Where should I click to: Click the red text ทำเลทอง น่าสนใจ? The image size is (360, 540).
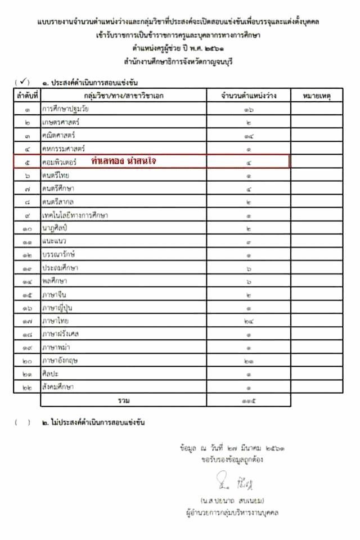point(124,161)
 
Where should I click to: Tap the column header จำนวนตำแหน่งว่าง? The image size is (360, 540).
point(249,96)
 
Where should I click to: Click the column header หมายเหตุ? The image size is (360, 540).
point(317,96)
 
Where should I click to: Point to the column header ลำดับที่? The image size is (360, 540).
point(27,96)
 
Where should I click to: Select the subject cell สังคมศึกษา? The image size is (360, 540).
point(58,386)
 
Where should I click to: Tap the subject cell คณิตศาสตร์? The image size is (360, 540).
point(58,135)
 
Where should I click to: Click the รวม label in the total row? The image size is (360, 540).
point(124,400)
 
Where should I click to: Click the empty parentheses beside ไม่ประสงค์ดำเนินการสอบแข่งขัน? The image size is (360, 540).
point(23,422)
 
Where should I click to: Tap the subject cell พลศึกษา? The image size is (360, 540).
point(55,281)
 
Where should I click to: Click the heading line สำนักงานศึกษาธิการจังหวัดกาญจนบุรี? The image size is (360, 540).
point(179,61)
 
